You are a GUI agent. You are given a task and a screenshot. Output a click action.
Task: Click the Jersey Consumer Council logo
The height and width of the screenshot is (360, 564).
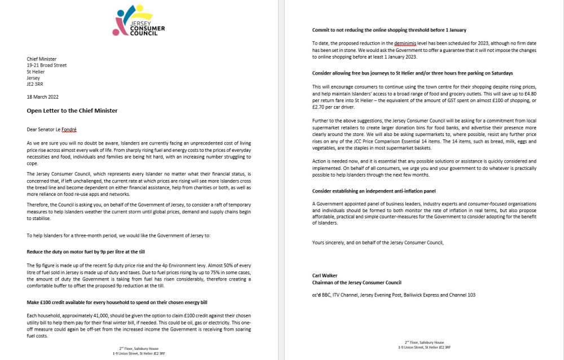pos(140,22)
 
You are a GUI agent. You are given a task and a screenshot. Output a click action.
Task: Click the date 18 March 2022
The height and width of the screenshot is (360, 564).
pos(42,97)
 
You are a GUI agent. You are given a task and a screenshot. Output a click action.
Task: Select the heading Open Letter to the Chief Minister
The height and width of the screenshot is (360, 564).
pos(72,111)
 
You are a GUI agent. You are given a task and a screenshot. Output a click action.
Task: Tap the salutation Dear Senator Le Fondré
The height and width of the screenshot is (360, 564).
pos(55,129)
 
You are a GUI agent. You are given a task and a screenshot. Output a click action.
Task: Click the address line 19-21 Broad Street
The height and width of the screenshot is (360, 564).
pos(47,65)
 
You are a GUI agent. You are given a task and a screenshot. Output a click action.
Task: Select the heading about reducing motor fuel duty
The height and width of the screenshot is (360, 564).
pos(89,252)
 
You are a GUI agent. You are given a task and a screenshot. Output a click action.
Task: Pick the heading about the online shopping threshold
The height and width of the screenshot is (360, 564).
pos(389,30)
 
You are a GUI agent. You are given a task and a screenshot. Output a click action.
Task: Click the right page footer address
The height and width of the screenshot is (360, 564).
pos(424,345)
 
